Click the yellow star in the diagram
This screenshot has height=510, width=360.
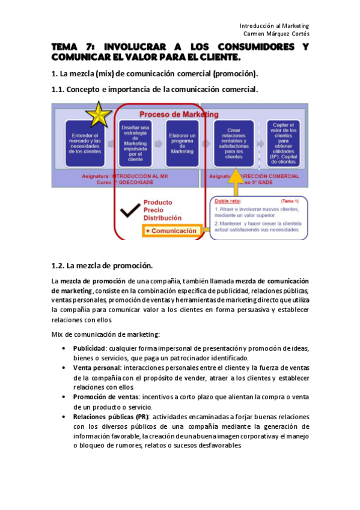(96, 113)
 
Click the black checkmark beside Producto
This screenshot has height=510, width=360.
(127, 211)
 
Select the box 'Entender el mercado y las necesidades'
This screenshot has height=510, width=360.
(85, 143)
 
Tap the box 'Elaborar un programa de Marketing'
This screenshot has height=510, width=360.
(182, 143)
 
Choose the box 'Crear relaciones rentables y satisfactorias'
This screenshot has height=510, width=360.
(234, 143)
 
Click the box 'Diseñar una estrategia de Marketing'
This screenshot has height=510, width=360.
(136, 143)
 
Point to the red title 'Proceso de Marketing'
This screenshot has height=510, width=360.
(178, 114)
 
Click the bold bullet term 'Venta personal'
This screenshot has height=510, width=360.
(97, 367)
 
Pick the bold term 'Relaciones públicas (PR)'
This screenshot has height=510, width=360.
(111, 417)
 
